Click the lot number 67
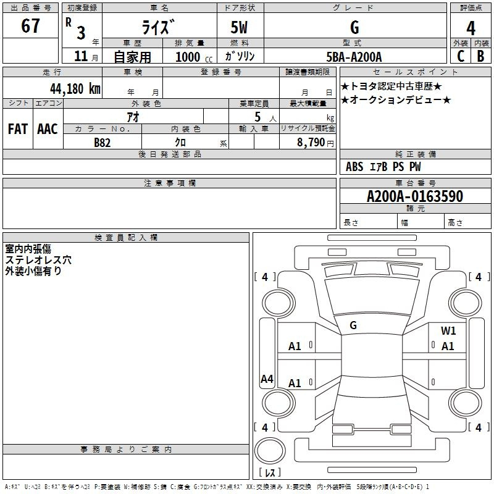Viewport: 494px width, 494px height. [30, 25]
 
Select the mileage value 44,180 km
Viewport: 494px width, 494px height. [75, 89]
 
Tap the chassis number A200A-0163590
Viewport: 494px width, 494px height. [415, 196]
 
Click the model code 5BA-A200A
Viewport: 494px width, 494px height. [354, 57]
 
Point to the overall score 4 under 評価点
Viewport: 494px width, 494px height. [471, 28]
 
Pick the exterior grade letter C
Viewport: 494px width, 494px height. [461, 56]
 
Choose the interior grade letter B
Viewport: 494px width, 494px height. [480, 56]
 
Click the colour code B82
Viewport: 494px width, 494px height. [103, 143]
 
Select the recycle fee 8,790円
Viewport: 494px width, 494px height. [316, 143]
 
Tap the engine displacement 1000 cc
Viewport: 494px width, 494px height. [194, 57]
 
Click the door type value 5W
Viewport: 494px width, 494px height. [239, 27]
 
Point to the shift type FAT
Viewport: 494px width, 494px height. [18, 129]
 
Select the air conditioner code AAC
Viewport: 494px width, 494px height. [48, 129]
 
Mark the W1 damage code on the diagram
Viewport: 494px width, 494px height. [448, 331]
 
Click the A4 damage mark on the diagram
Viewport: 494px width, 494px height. [267, 379]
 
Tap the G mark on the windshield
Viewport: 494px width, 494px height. [353, 325]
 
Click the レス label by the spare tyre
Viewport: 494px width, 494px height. [270, 472]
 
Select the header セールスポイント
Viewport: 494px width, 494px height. [415, 72]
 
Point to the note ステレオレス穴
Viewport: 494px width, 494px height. [38, 260]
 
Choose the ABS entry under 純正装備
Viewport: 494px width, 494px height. [354, 167]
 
